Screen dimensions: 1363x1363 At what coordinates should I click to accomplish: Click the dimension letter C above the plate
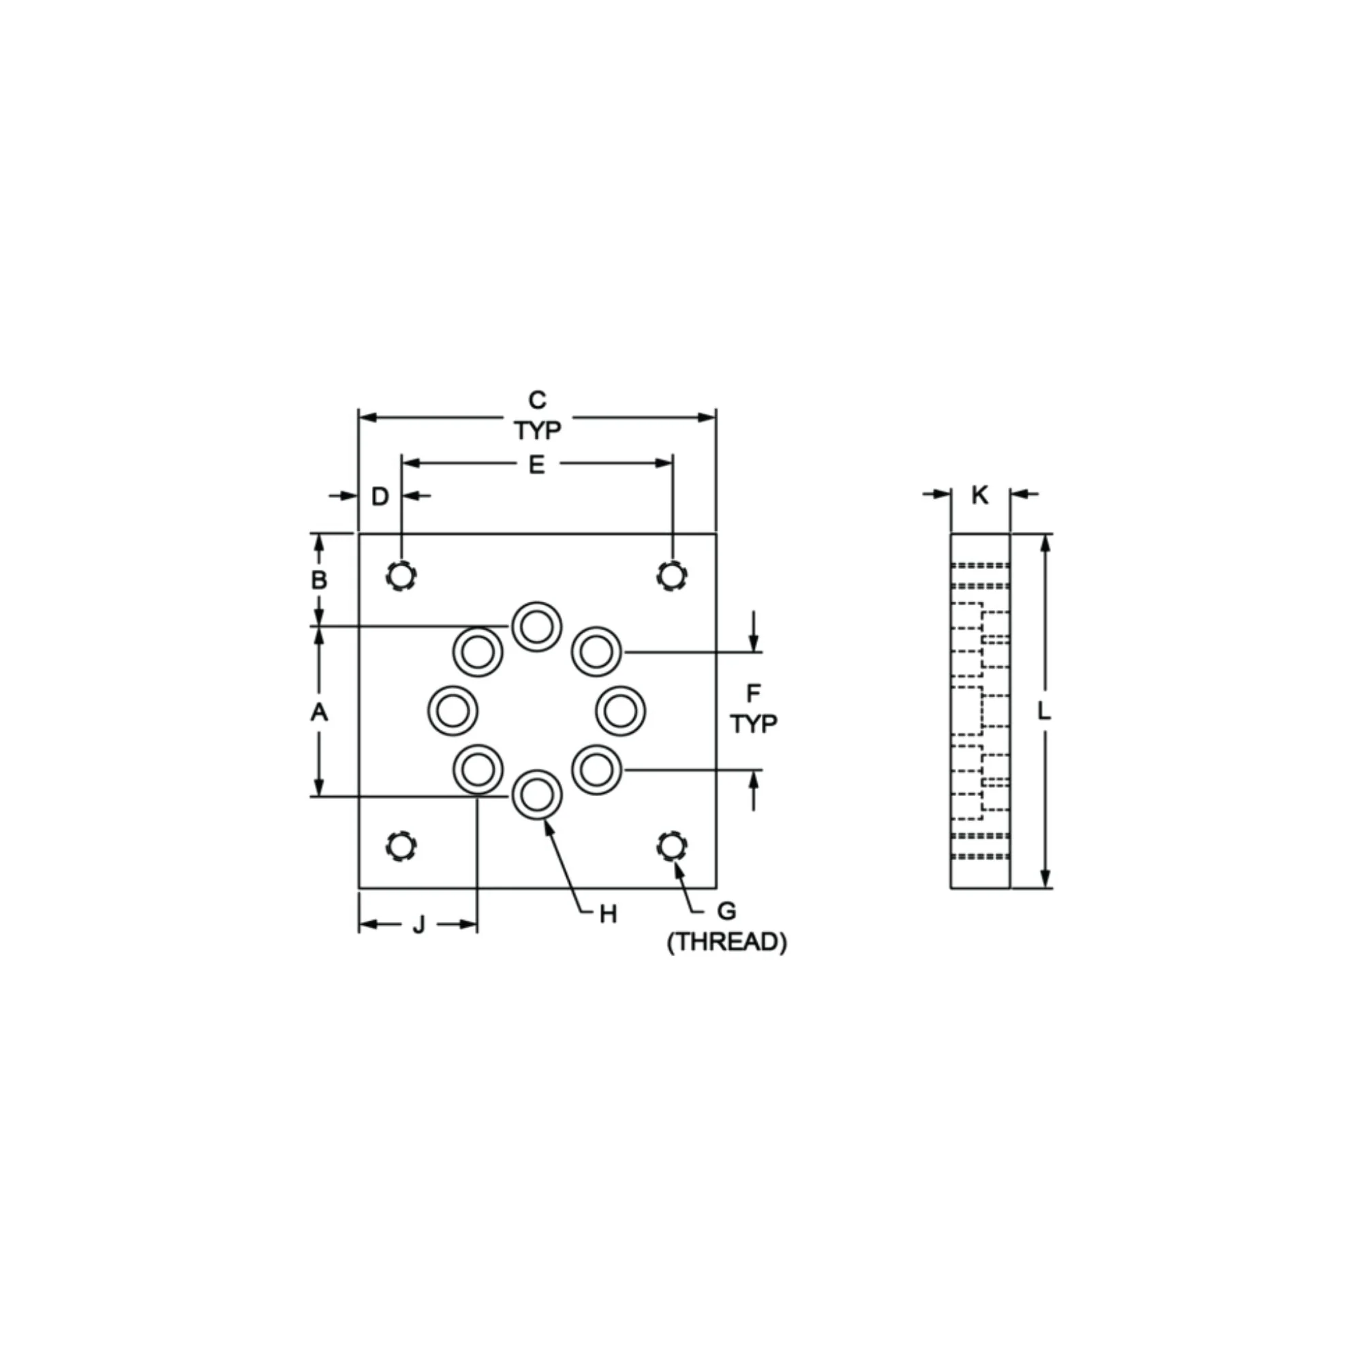538,400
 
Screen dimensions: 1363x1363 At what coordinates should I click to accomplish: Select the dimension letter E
537,465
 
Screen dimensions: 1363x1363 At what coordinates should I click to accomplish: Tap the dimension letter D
380,497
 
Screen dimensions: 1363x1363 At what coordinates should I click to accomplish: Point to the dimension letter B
319,580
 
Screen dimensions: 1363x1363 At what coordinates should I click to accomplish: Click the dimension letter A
319,713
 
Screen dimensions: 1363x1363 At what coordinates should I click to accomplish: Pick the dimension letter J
419,925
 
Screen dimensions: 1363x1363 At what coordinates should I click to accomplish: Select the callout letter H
608,915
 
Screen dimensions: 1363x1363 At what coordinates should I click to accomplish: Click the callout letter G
726,911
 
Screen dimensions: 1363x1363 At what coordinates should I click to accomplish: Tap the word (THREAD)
726,943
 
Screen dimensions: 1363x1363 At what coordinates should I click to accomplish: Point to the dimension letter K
980,495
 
